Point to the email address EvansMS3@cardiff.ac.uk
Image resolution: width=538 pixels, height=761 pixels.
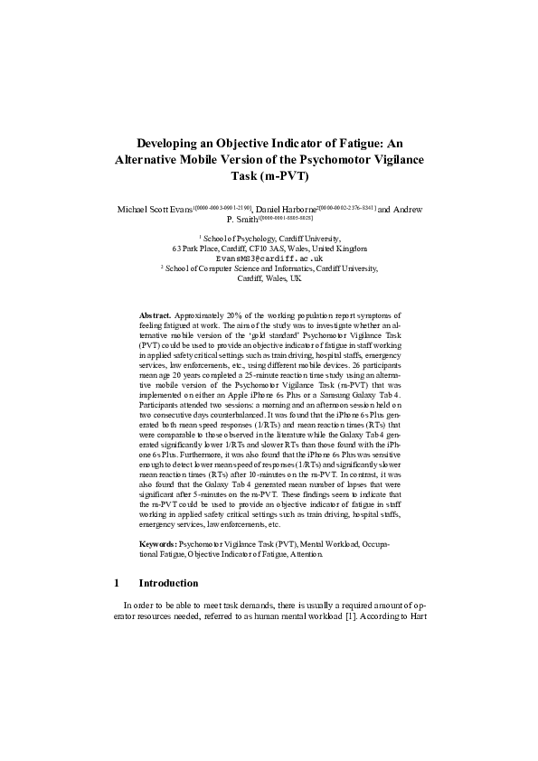269,258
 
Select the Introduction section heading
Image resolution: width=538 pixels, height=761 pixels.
167,583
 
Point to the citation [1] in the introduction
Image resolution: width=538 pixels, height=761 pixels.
344,617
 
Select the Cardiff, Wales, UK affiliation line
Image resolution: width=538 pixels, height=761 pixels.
269,278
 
